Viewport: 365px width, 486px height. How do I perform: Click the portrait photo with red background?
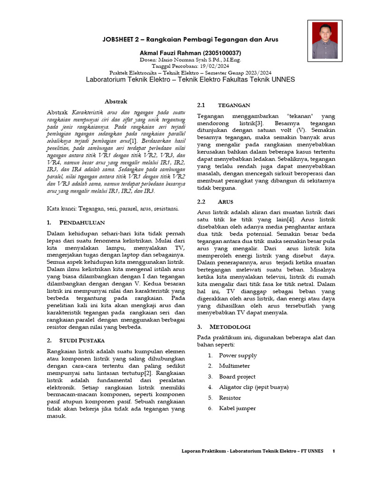pos(326,41)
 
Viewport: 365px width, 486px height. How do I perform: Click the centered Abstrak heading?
pos(116,102)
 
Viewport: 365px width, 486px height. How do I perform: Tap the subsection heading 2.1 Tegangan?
pos(223,105)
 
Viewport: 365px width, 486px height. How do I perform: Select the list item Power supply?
pos(238,355)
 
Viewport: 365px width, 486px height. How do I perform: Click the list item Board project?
pos(237,376)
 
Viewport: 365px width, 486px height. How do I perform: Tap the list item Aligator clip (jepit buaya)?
pos(253,387)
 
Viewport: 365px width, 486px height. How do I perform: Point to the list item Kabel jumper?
pos(237,408)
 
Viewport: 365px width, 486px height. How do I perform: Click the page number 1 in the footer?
pos(334,451)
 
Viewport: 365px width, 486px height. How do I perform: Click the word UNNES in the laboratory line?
pos(282,80)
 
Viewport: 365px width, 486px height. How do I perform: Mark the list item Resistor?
pos(230,398)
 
